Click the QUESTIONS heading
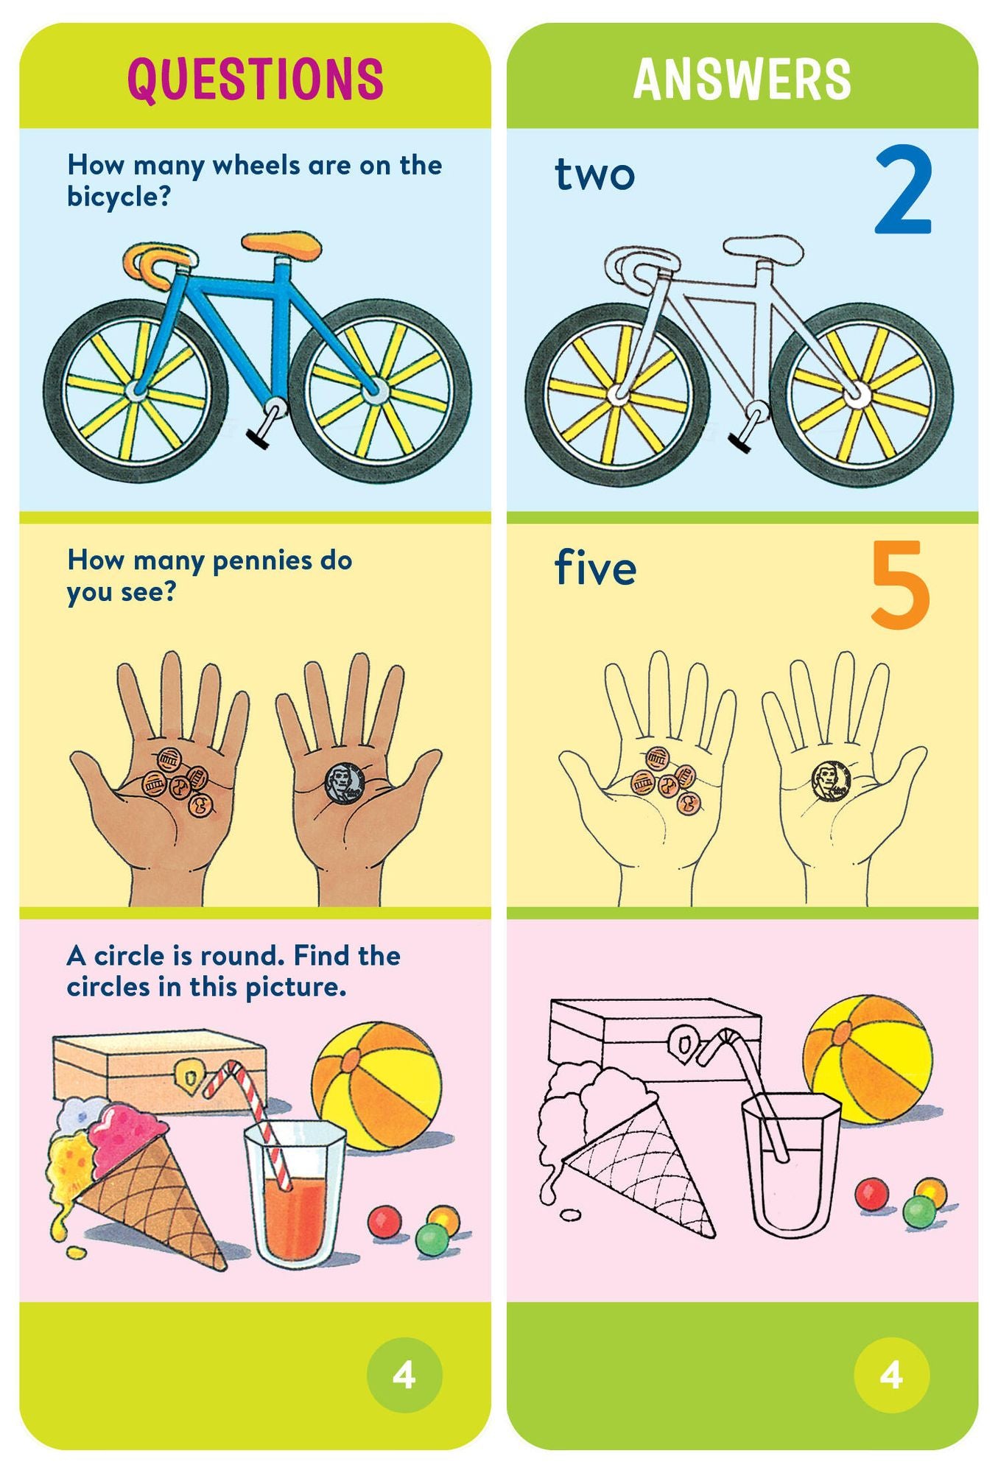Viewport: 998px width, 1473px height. (x=255, y=78)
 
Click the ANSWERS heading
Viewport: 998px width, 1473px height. (x=742, y=79)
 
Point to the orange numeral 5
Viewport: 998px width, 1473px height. (x=899, y=585)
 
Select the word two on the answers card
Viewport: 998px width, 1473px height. (x=594, y=175)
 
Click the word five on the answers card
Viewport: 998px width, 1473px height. (x=595, y=569)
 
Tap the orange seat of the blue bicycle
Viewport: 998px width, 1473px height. (x=282, y=244)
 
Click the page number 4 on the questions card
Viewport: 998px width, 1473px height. (x=404, y=1374)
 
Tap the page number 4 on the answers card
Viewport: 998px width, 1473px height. (x=891, y=1374)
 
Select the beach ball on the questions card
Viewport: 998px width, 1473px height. (x=376, y=1086)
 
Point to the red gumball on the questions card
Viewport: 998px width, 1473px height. (x=384, y=1221)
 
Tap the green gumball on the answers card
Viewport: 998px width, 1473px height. (x=918, y=1211)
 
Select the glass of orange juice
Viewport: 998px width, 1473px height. (x=295, y=1193)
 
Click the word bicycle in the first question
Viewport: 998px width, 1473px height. (x=118, y=197)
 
